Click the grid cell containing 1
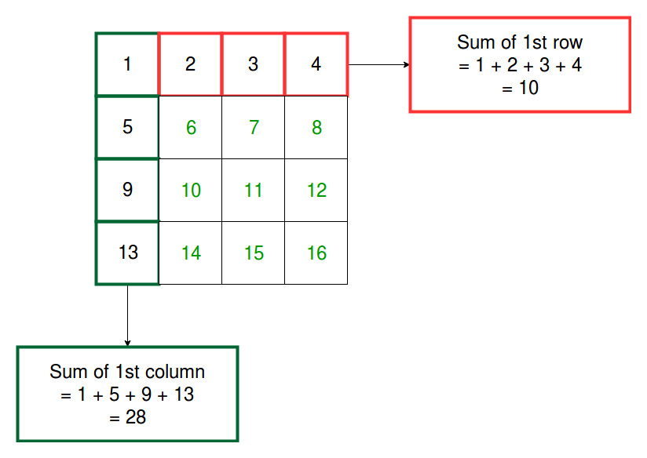(127, 64)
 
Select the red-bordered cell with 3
(254, 64)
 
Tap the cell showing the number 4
(316, 64)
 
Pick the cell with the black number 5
(127, 127)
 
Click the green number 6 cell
(190, 127)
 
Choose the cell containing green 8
(316, 127)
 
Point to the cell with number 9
(127, 190)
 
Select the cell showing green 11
(254, 190)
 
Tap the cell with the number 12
(316, 190)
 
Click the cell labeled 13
(127, 253)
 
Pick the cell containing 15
(254, 253)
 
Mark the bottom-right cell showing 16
(316, 253)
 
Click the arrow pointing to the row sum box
(378, 64)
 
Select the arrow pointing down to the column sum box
(127, 315)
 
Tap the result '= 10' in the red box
(520, 88)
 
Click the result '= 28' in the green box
(127, 417)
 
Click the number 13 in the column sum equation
(184, 394)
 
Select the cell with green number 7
(254, 127)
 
